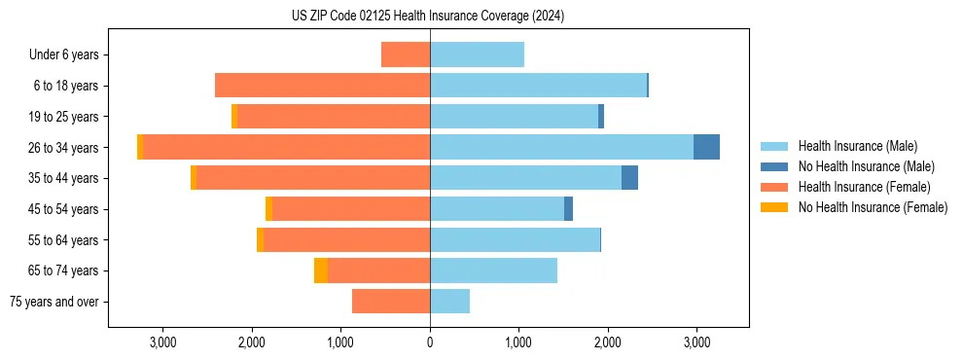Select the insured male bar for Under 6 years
477,54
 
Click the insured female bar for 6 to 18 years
322,86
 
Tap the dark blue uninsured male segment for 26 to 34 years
706,147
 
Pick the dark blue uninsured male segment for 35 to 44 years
629,178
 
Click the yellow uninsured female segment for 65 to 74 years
321,270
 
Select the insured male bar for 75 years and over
449,302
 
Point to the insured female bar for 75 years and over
391,302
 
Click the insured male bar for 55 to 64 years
515,239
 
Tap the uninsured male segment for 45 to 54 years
568,209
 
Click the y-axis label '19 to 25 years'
64,117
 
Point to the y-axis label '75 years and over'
54,302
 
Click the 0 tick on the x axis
430,342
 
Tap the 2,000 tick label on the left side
252,342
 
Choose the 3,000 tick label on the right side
695,342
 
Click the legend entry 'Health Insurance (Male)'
857,146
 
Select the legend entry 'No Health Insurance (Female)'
873,207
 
